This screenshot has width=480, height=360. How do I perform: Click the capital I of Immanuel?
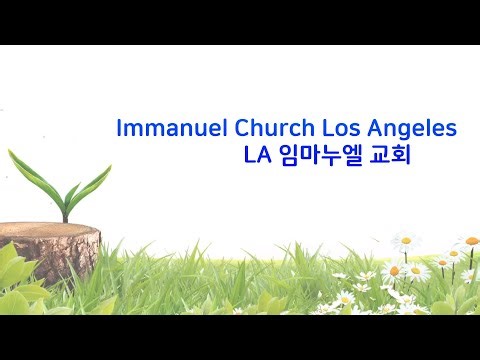(120, 129)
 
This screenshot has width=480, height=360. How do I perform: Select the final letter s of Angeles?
(451, 130)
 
